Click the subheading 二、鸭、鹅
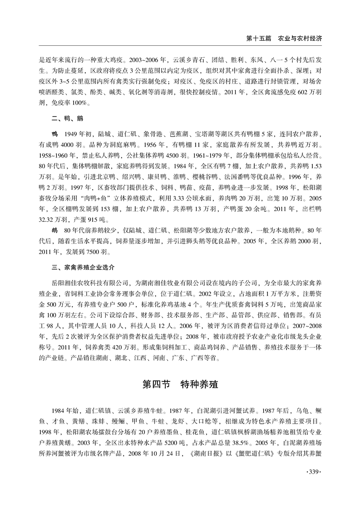click(x=67, y=119)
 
